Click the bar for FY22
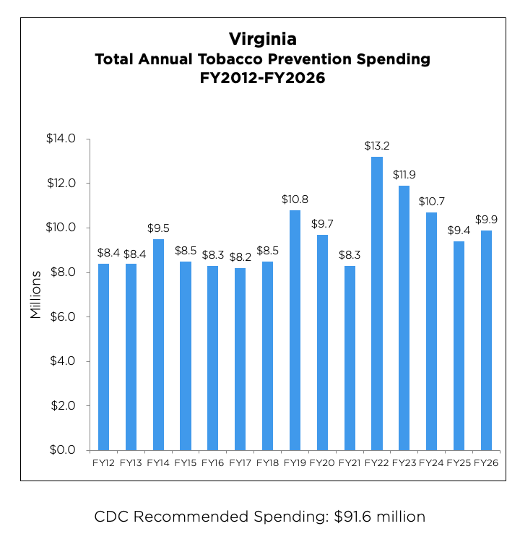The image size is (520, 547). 377,303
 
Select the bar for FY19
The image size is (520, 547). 295,330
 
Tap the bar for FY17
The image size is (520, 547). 240,359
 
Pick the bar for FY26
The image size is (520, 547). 487,340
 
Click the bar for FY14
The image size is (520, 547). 158,345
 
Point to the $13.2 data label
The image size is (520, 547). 377,146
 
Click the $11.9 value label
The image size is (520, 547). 404,175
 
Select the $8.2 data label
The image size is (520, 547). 240,257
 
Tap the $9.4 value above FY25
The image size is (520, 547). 459,231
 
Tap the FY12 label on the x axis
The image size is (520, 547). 103,462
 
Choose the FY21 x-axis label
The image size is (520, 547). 350,462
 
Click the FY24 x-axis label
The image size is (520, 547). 432,462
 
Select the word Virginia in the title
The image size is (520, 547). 262,38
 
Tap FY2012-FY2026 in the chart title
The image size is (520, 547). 262,79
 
